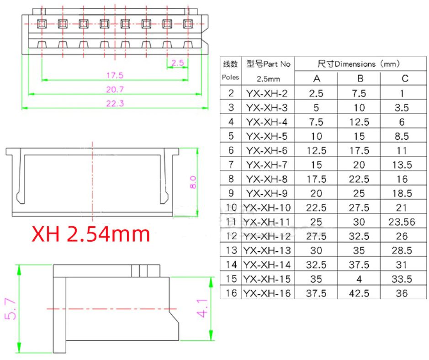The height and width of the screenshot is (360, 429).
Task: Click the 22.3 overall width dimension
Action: tap(115, 103)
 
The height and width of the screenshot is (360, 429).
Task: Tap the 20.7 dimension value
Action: tap(115, 90)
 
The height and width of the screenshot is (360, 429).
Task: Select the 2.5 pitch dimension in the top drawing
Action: tap(178, 63)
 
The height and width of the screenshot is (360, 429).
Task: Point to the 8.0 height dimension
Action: tap(193, 182)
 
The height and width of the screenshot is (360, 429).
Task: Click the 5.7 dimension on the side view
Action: tap(11, 309)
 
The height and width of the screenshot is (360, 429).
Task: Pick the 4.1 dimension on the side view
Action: tap(203, 308)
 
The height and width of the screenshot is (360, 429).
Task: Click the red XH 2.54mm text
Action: tap(91, 234)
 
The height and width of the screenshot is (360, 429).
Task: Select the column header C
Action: tap(405, 79)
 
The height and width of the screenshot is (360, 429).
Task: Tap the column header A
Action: tap(317, 79)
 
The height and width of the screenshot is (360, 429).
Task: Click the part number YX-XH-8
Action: tap(267, 179)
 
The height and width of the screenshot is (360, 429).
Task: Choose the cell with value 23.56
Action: tap(402, 222)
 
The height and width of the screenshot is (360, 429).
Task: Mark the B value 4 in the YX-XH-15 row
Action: tap(359, 279)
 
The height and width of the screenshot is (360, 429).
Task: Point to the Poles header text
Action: tap(230, 77)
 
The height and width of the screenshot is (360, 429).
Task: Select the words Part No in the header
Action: tap(277, 64)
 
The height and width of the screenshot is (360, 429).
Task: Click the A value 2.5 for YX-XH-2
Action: tap(316, 94)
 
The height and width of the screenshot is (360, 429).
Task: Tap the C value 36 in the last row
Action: tap(402, 293)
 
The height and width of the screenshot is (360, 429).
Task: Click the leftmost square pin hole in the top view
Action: tap(42, 24)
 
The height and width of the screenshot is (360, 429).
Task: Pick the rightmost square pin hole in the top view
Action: tap(188, 24)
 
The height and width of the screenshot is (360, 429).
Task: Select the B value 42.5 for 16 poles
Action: tap(359, 293)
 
